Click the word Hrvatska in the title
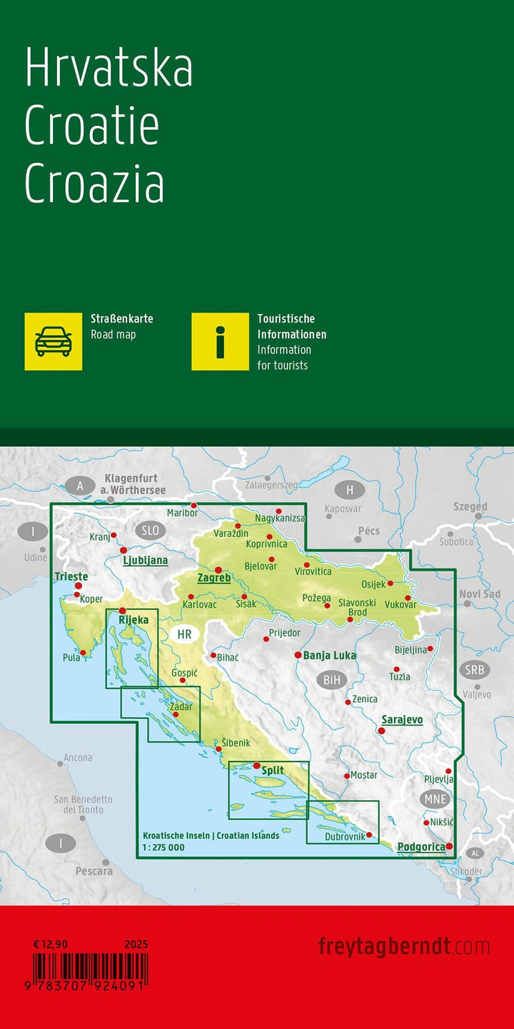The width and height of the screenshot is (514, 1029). click(x=109, y=69)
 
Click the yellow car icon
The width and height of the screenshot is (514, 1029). click(x=54, y=341)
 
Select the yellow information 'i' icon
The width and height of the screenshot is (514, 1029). click(x=220, y=341)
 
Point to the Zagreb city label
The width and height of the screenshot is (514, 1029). click(x=213, y=578)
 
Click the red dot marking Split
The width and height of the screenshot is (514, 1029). click(x=257, y=766)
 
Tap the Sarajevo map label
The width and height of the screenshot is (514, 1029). click(x=402, y=720)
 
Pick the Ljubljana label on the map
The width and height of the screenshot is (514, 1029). click(x=146, y=561)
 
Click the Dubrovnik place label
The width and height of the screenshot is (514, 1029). click(x=345, y=836)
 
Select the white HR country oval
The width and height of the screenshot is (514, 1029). click(x=184, y=634)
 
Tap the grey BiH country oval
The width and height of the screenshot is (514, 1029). click(x=332, y=680)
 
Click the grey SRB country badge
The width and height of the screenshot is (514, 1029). click(x=474, y=670)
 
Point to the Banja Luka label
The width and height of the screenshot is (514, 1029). click(x=329, y=655)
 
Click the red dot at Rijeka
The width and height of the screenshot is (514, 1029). click(x=122, y=611)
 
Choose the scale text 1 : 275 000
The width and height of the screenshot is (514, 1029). click(x=163, y=848)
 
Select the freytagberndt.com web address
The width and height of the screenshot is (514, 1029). click(x=404, y=947)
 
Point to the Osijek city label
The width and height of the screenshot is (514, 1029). click(x=373, y=584)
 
